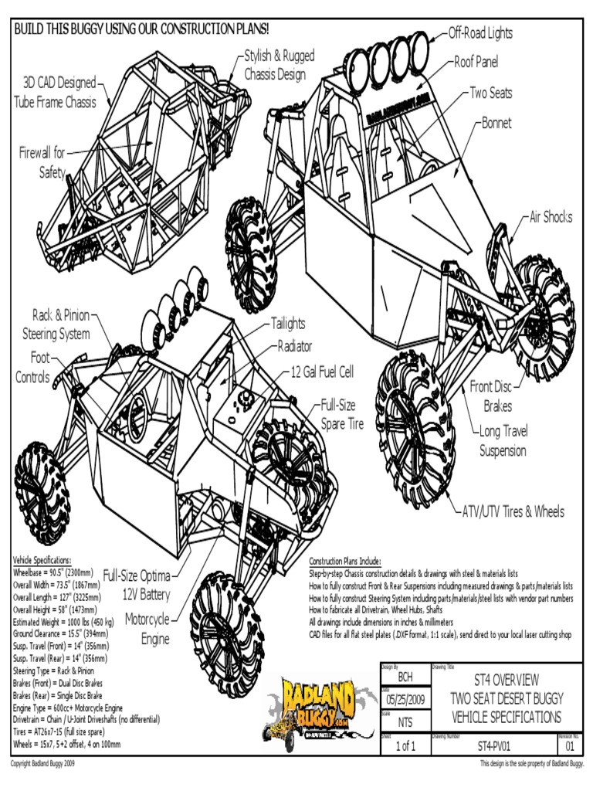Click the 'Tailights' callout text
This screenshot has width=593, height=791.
pyautogui.click(x=287, y=324)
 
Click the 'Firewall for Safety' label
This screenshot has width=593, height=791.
pyautogui.click(x=42, y=162)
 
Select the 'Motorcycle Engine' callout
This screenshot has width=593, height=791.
pyautogui.click(x=147, y=630)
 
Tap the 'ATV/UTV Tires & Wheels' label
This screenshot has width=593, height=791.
pyautogui.click(x=513, y=511)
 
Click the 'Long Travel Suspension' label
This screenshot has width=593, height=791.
pyautogui.click(x=503, y=441)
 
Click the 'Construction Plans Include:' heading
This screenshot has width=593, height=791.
pyautogui.click(x=344, y=561)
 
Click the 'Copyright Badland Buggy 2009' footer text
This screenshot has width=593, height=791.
pyautogui.click(x=53, y=764)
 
